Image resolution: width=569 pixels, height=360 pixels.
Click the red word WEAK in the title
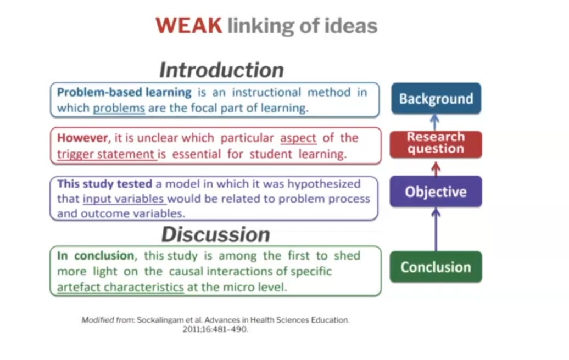(188, 26)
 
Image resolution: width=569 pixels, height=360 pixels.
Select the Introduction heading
(221, 70)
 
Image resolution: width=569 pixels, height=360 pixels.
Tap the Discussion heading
(215, 234)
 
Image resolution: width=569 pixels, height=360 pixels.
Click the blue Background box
(436, 99)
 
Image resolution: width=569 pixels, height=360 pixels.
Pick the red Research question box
(436, 143)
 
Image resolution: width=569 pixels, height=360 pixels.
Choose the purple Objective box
(436, 192)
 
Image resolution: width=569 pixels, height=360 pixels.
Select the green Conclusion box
(436, 267)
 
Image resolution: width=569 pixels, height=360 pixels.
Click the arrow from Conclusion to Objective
(436, 229)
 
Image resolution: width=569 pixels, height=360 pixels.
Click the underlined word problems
(119, 108)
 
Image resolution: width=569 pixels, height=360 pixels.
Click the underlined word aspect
(298, 138)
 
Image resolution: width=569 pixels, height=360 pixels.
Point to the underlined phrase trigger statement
(107, 154)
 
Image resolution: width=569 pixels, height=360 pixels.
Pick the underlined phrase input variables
(125, 199)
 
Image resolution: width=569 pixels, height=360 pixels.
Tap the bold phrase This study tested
(97, 184)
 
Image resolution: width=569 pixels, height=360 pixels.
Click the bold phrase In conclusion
(96, 256)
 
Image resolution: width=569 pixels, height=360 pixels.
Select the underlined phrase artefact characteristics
(120, 286)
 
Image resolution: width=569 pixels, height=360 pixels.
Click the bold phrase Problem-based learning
(124, 92)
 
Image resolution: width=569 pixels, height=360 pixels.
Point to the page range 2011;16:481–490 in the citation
(215, 330)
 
